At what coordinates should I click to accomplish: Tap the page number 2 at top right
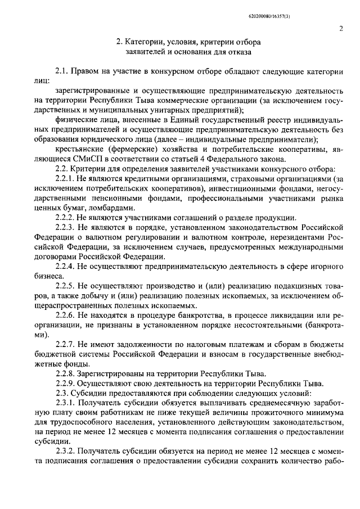[341, 29]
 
